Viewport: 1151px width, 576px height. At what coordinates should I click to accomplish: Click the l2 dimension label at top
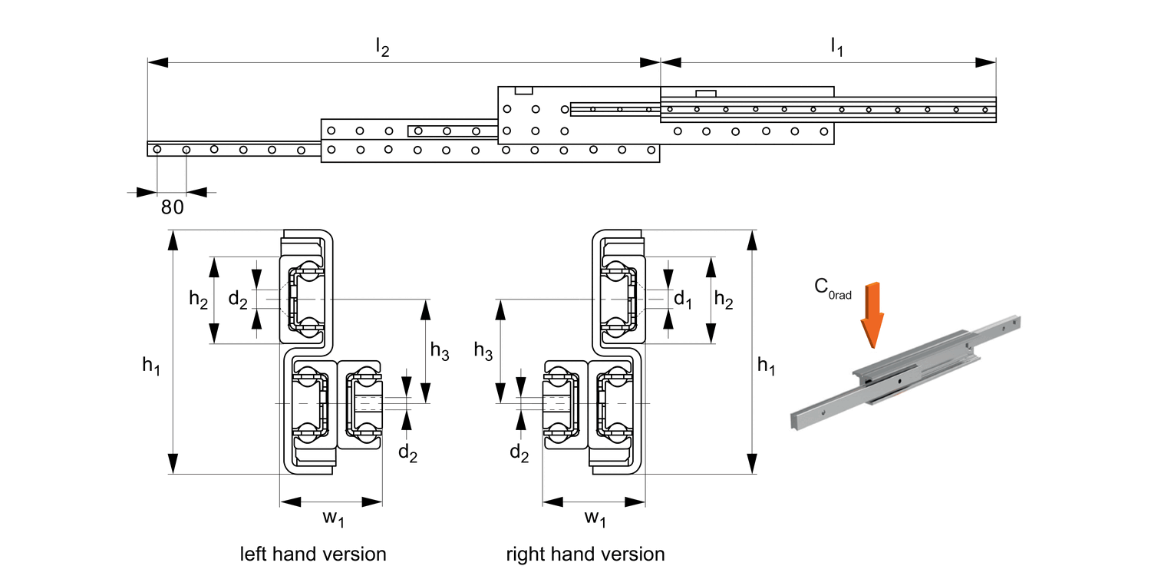[381, 48]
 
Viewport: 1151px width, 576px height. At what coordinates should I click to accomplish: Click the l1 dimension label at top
[836, 48]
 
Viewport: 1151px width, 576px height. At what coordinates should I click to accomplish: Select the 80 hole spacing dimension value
[172, 207]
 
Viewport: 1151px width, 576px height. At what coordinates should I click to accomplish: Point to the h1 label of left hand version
[151, 367]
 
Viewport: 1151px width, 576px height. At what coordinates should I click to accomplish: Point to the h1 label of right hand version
[766, 367]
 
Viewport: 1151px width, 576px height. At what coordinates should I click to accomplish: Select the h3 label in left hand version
[440, 351]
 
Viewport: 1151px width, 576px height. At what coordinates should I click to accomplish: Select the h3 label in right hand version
[483, 351]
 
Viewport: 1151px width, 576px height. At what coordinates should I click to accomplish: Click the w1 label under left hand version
[332, 520]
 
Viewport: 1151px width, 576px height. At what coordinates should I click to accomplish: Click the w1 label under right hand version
[595, 520]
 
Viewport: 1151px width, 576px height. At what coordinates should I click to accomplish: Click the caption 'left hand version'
[312, 554]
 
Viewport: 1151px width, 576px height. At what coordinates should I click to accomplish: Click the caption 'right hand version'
[585, 554]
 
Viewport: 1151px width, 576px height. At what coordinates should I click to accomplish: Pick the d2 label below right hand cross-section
[520, 453]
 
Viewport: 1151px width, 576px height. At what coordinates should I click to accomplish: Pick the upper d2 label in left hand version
[238, 300]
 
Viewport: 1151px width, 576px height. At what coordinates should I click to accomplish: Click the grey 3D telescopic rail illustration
[905, 376]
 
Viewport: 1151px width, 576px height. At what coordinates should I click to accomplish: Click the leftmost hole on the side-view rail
[157, 149]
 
